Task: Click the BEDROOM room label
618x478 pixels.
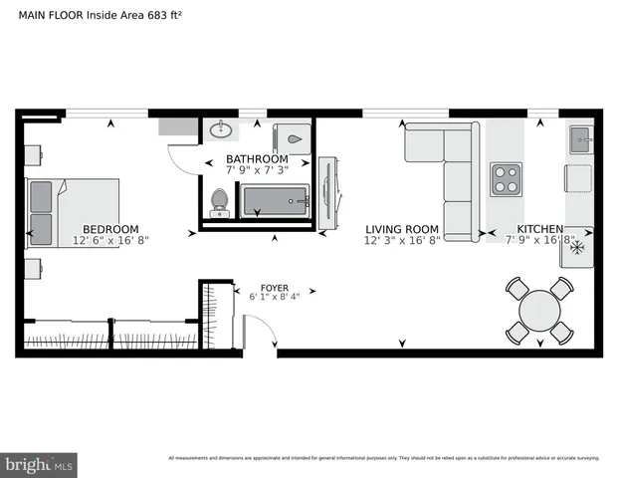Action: click(109, 228)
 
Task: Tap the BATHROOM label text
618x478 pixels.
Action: click(257, 159)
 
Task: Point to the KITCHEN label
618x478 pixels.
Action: click(539, 228)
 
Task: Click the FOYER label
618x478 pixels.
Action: click(275, 283)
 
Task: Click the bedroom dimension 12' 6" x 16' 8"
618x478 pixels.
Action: click(110, 240)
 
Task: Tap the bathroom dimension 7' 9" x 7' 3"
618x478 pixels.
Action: click(257, 171)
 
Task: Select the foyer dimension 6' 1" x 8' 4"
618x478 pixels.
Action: click(276, 295)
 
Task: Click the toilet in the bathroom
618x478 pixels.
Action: click(221, 202)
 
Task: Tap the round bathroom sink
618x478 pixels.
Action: click(221, 128)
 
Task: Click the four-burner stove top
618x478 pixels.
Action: click(506, 178)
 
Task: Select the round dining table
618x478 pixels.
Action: click(538, 311)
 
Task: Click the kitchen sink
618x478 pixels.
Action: click(580, 140)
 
